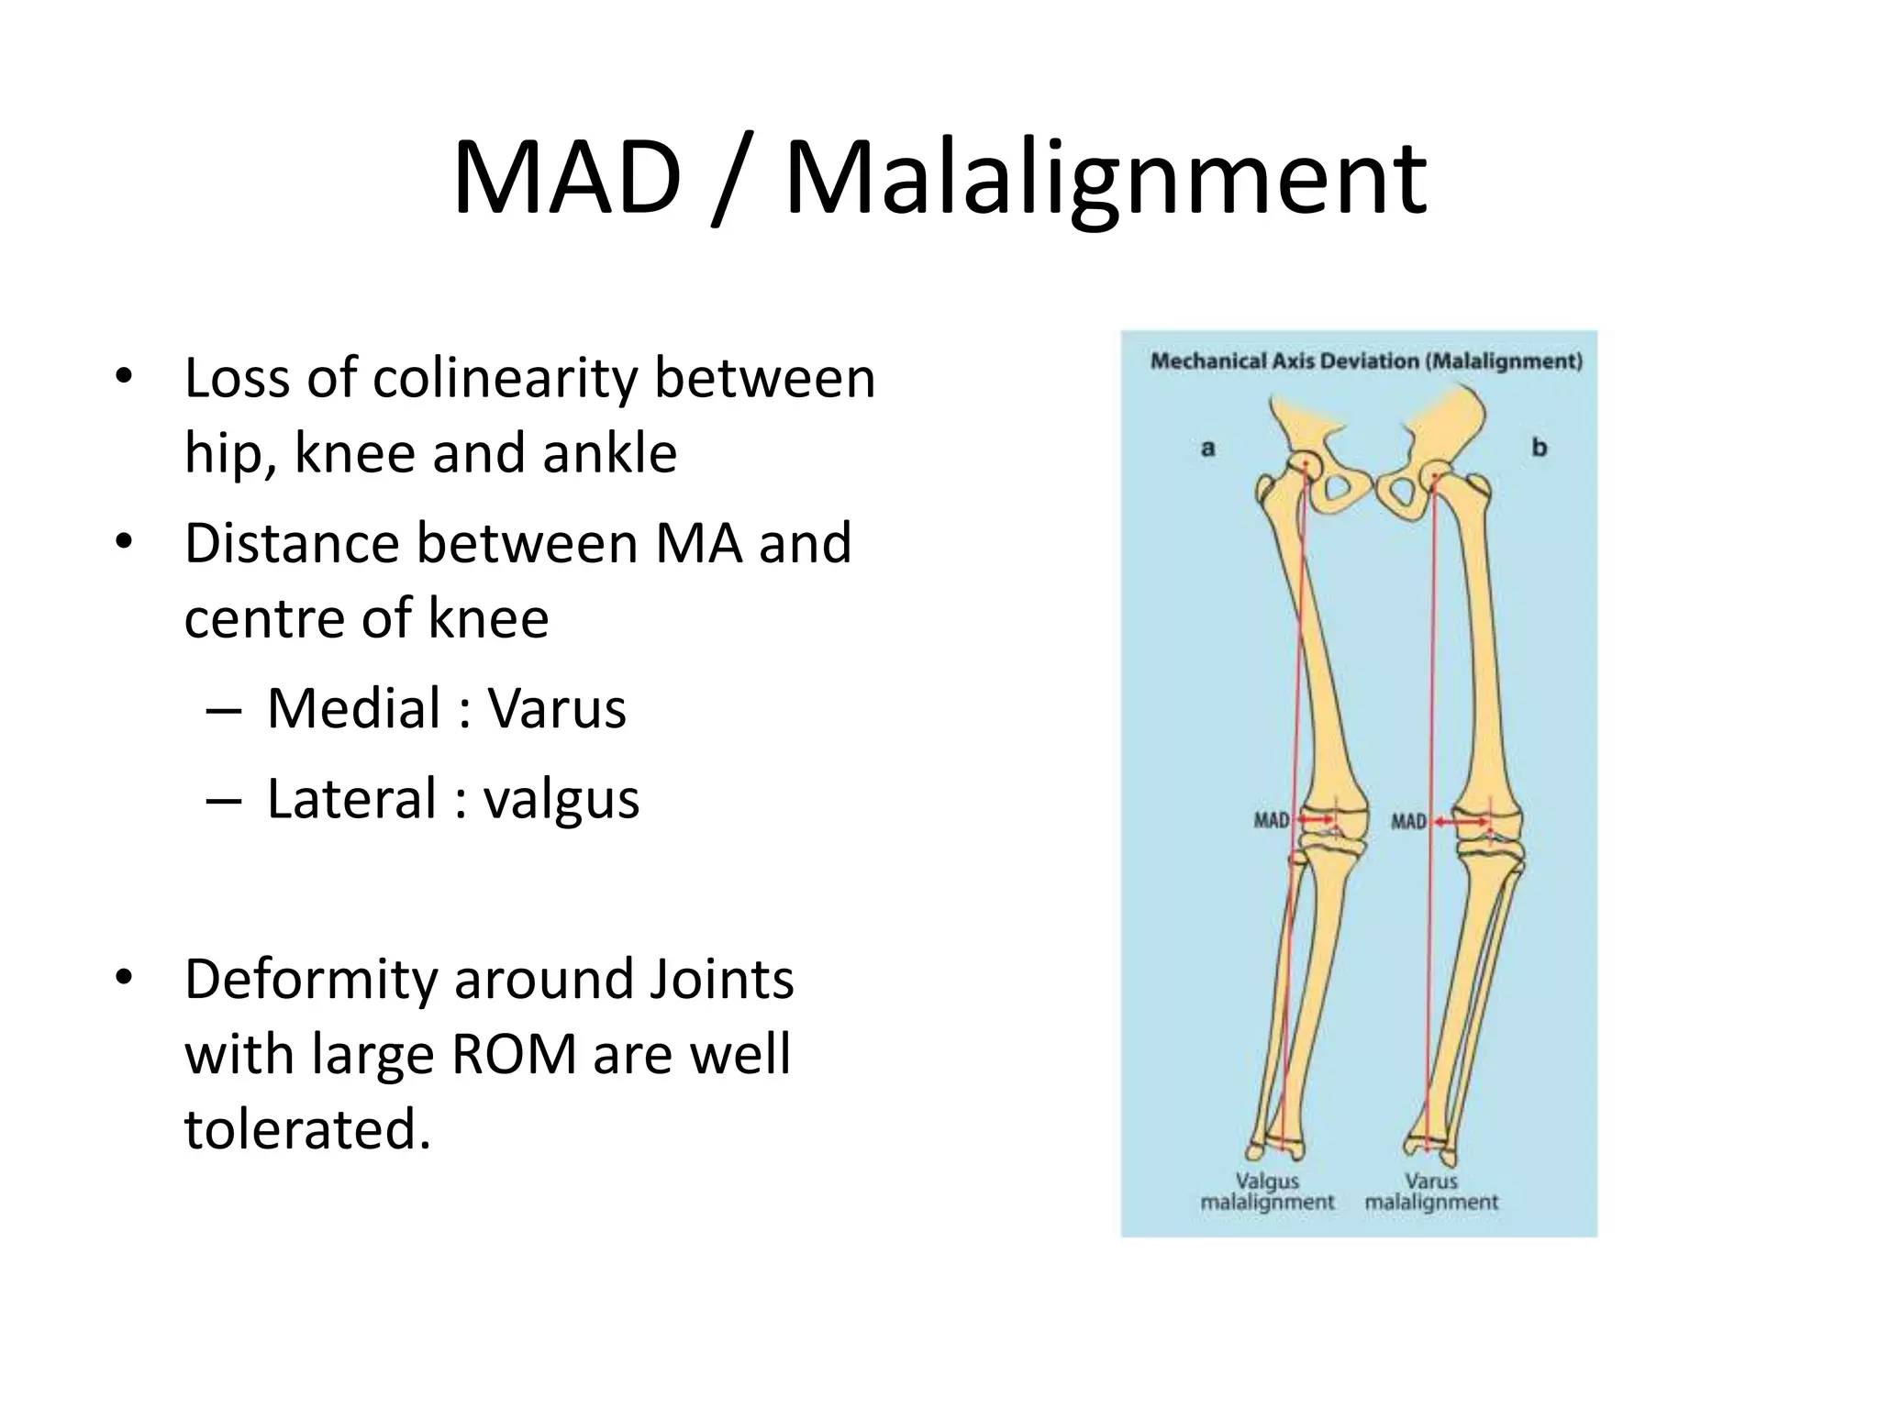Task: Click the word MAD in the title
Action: coord(567,176)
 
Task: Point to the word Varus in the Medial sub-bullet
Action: coord(557,708)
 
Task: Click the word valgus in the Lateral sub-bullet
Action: coord(561,799)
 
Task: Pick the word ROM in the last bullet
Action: coord(514,1054)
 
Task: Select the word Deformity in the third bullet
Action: coord(311,980)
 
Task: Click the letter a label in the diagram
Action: coord(1208,449)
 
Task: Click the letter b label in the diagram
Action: coord(1539,448)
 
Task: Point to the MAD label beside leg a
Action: coord(1272,820)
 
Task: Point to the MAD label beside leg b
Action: coord(1408,821)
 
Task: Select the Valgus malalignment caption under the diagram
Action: coord(1267,1192)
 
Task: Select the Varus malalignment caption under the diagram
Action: coord(1430,1192)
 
